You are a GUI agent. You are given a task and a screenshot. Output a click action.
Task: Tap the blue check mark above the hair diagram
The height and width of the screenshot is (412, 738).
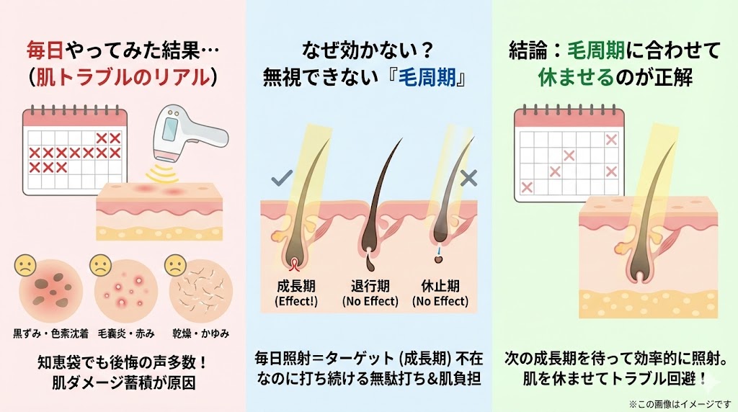tap(280, 178)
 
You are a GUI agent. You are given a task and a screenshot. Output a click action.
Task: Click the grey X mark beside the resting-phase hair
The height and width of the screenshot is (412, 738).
tap(468, 178)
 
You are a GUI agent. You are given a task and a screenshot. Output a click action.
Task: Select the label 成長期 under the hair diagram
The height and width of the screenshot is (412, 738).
tap(296, 286)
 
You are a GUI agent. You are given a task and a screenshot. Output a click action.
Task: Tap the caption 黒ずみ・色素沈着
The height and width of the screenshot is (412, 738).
tap(48, 333)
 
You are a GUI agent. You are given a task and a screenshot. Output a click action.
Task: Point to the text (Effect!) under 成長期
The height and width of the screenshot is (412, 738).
tap(296, 301)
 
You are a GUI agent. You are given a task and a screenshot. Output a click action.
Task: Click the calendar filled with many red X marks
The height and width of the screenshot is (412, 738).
tap(74, 151)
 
